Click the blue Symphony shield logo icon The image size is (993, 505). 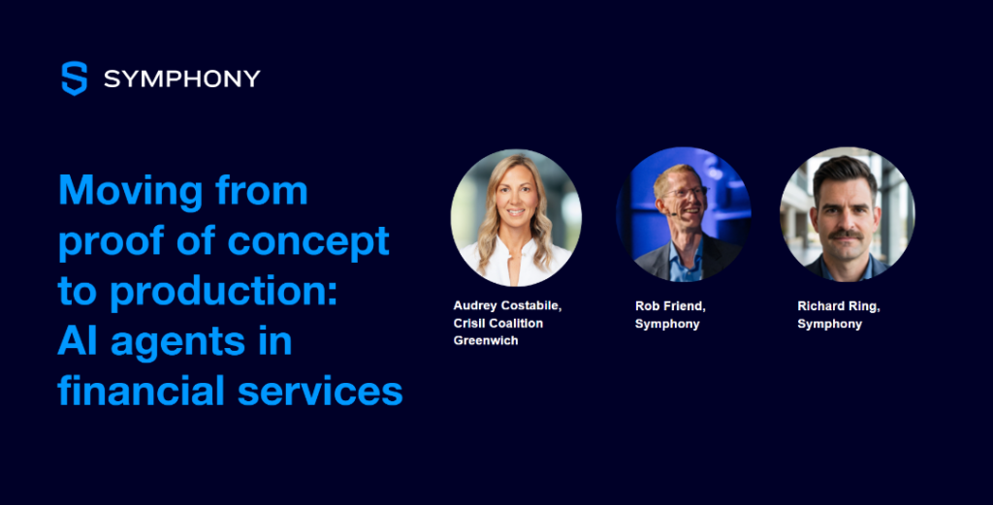74,79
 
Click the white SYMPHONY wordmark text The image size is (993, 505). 181,79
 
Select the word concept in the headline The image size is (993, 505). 307,241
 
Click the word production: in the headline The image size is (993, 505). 224,292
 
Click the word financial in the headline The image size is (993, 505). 142,390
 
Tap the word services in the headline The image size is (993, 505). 320,392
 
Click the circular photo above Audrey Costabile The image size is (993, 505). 516,217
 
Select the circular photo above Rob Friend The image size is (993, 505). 684,214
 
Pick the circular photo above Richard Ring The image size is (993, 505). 848,214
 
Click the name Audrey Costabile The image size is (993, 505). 507,306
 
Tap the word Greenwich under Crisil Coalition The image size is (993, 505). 486,340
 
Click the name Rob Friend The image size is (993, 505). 670,306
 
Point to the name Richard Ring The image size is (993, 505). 839,307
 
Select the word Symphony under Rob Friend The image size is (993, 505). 667,324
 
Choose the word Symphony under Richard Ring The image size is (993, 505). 830,324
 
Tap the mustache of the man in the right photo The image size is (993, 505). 847,235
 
